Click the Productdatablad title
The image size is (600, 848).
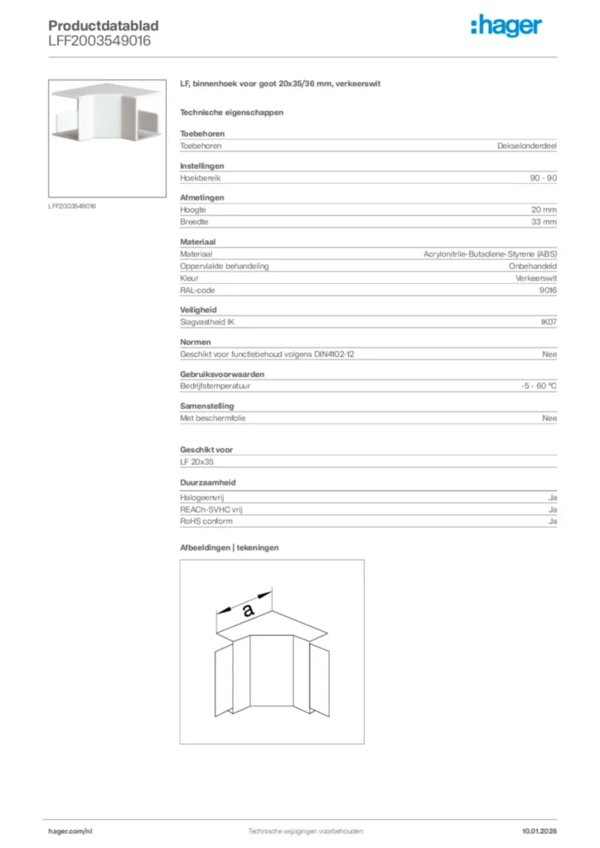click(104, 26)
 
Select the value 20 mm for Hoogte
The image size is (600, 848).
click(544, 210)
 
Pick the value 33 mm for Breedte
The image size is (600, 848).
click(544, 222)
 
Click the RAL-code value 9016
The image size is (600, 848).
click(549, 291)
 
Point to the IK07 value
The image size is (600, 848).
click(549, 322)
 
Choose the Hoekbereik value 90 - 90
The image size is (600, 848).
click(542, 178)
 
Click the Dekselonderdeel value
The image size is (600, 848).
click(527, 146)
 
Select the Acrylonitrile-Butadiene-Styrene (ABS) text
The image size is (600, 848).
click(490, 254)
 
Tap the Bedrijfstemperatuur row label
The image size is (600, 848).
click(215, 387)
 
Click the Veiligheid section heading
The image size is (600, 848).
click(198, 311)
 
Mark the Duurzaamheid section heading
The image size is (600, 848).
click(206, 482)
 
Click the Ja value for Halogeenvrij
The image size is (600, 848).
click(553, 498)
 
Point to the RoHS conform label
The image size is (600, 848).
click(206, 522)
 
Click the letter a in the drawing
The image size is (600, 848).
click(248, 612)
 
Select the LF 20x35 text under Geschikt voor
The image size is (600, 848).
click(197, 462)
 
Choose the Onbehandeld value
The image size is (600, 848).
click(533, 267)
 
